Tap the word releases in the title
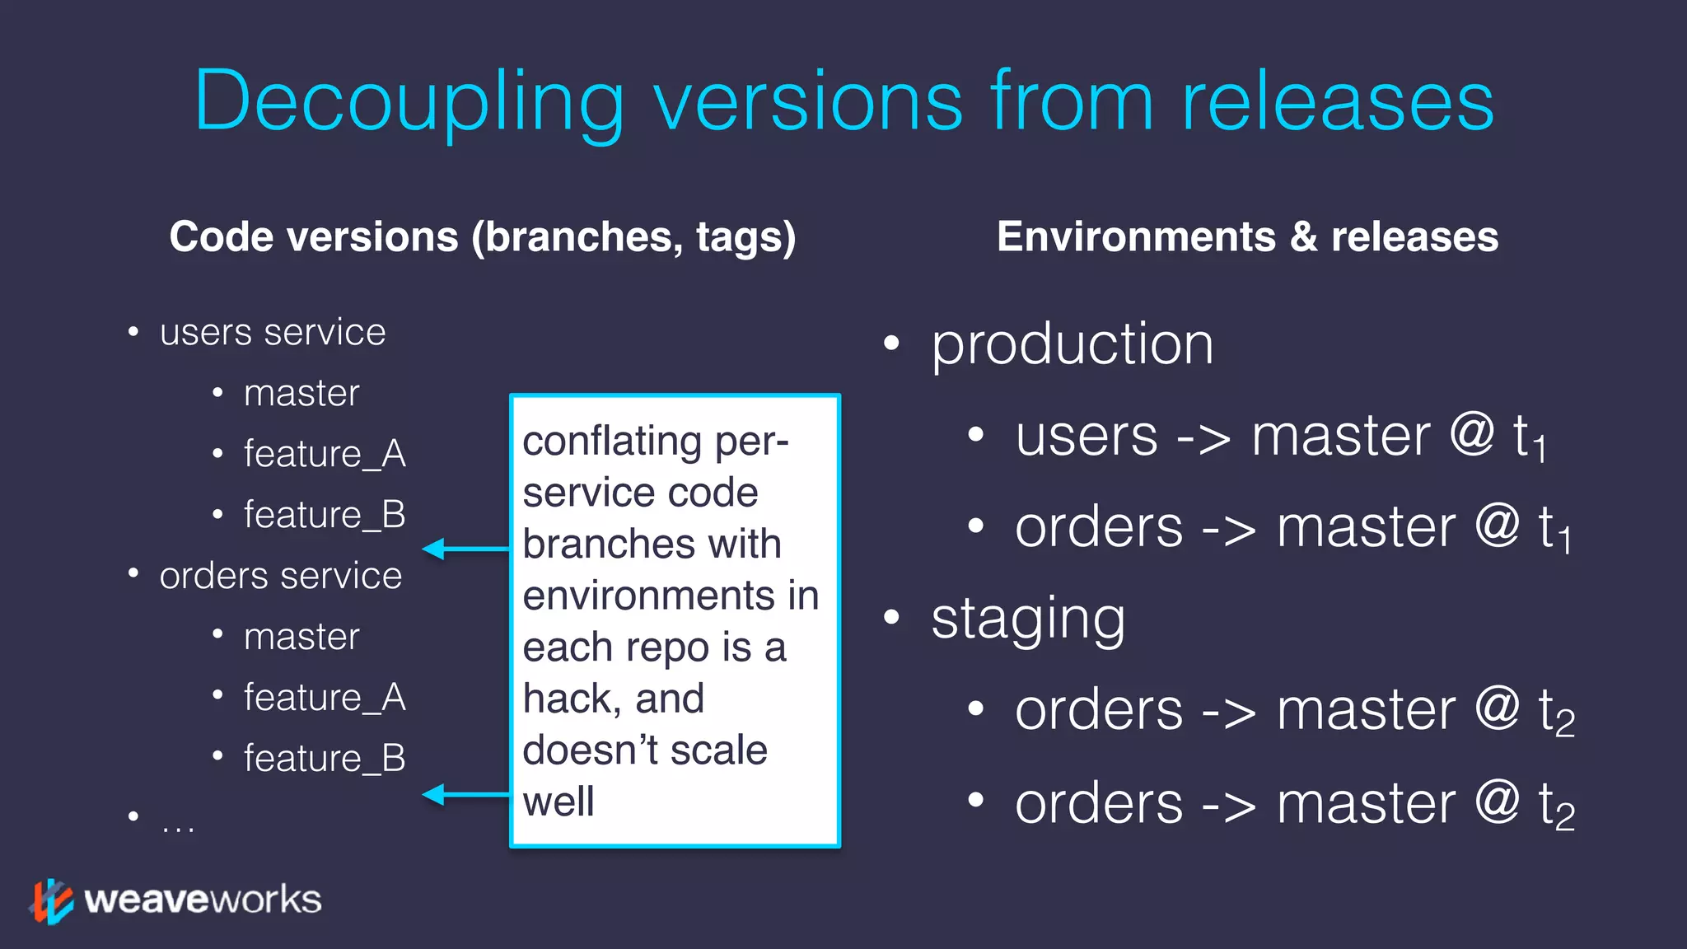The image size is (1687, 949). (x=1337, y=103)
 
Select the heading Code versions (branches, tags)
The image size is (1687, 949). (x=483, y=237)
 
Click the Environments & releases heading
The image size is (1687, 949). (x=1247, y=237)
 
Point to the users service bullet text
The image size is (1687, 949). (x=273, y=333)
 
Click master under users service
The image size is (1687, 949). (x=301, y=394)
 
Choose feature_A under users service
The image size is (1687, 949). (x=325, y=454)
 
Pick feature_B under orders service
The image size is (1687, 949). (x=325, y=759)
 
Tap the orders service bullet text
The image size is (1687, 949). (x=280, y=576)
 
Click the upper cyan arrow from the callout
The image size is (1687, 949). (x=466, y=549)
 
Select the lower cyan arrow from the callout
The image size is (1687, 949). (x=466, y=794)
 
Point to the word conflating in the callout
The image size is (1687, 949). (x=611, y=442)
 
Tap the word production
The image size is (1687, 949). (x=1072, y=344)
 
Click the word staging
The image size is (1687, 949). (x=1028, y=619)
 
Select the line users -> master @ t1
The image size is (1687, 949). (x=1280, y=437)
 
